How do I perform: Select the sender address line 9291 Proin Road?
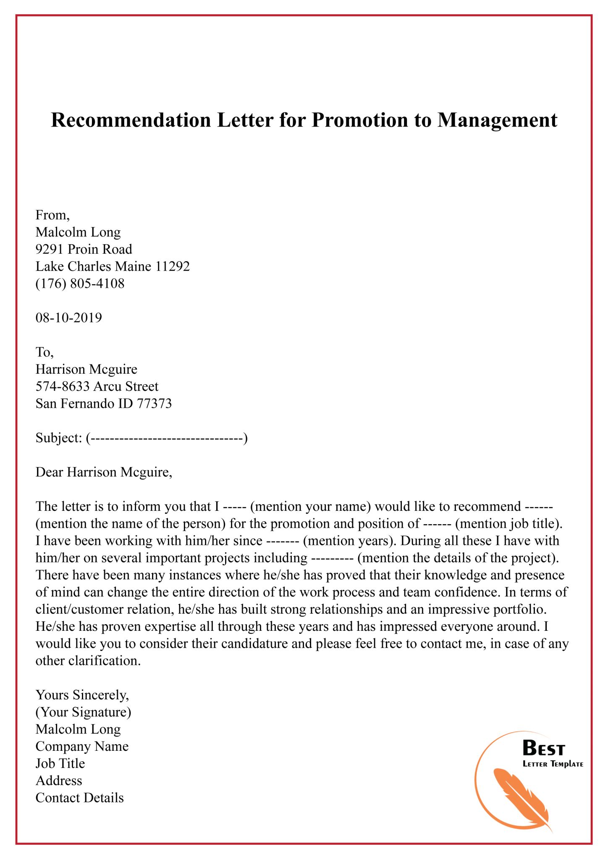(x=84, y=249)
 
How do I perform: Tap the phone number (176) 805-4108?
(x=80, y=284)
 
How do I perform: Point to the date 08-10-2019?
(x=69, y=318)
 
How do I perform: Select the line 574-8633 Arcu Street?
(x=97, y=386)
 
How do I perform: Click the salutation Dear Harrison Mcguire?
(x=104, y=472)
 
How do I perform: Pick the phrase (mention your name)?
(x=310, y=507)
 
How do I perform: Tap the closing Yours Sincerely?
(x=82, y=695)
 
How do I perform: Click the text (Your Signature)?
(x=84, y=712)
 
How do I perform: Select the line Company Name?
(x=82, y=747)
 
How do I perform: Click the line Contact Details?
(x=80, y=798)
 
